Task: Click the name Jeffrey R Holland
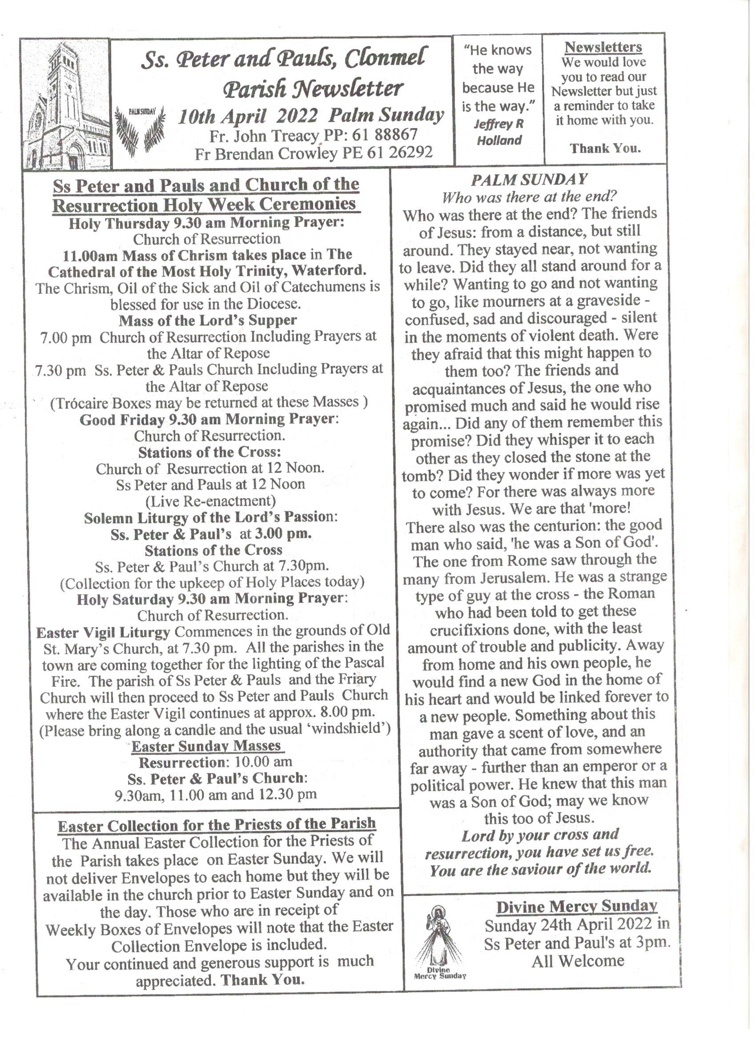pos(499,132)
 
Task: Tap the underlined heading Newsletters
pos(603,47)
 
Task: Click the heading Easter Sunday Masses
pos(206,746)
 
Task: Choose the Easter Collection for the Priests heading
pos(217,824)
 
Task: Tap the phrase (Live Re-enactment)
pos(210,501)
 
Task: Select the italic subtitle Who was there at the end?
pos(529,197)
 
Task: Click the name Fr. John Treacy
pos(264,136)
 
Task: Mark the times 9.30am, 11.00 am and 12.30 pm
pos(216,794)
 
